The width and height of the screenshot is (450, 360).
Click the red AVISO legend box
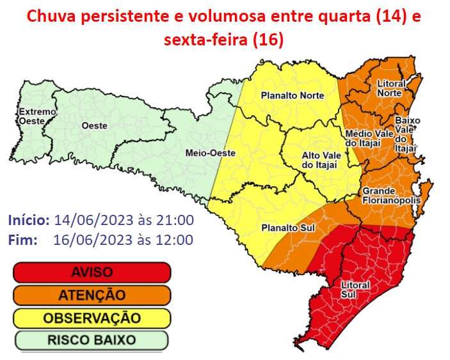point(92,272)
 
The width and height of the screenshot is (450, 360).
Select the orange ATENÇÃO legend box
point(92,295)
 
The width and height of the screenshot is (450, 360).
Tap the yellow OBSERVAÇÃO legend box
point(92,317)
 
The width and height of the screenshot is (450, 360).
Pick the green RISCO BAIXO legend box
point(92,340)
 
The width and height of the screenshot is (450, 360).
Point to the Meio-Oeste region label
point(201,153)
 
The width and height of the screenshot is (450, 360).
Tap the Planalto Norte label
point(292,96)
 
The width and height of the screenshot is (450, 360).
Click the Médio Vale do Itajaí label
point(363,138)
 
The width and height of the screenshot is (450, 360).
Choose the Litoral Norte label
point(389,88)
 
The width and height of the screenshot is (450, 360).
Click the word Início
point(29,221)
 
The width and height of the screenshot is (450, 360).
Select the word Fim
point(22,240)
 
